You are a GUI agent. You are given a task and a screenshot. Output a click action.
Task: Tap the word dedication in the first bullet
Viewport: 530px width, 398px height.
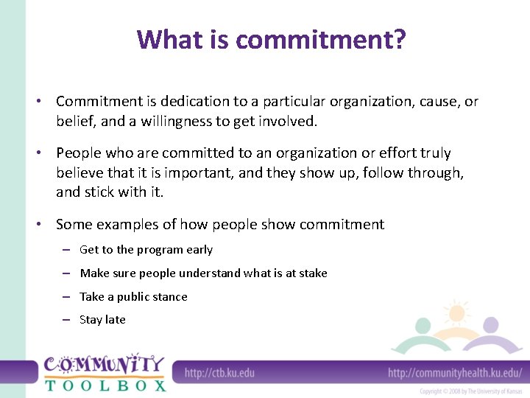click(210, 101)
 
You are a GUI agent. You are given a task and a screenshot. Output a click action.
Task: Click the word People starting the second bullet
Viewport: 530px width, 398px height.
click(79, 153)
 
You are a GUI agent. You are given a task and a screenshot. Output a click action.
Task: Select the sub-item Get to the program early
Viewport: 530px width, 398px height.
click(146, 250)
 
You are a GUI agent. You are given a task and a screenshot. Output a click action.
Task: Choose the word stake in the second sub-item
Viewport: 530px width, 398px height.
click(313, 273)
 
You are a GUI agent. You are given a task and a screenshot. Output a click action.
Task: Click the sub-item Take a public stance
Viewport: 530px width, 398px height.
click(133, 297)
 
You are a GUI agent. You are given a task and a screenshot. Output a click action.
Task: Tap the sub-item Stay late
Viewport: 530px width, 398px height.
click(102, 320)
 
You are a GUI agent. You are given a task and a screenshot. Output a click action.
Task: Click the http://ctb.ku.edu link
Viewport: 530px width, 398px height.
click(219, 372)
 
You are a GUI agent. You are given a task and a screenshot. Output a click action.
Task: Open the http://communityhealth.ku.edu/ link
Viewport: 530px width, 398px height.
click(454, 372)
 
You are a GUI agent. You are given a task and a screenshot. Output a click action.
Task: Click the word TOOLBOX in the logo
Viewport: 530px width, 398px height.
click(105, 384)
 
